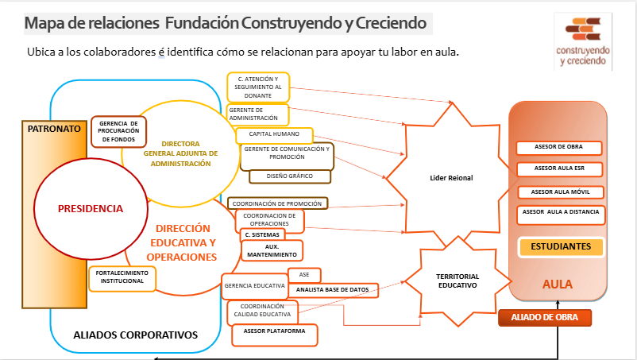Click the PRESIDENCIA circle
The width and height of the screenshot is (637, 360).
91,208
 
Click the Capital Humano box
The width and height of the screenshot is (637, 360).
275,135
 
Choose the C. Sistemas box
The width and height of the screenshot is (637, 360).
262,235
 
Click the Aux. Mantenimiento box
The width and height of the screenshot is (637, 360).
272,250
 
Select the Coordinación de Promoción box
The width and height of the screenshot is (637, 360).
277,203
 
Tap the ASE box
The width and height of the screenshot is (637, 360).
303,274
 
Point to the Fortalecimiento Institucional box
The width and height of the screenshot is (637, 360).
122,277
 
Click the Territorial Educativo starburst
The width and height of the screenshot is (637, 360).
457,280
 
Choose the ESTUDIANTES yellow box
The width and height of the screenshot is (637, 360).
561,247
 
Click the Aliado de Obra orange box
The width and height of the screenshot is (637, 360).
545,318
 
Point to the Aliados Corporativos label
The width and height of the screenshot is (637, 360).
135,335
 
